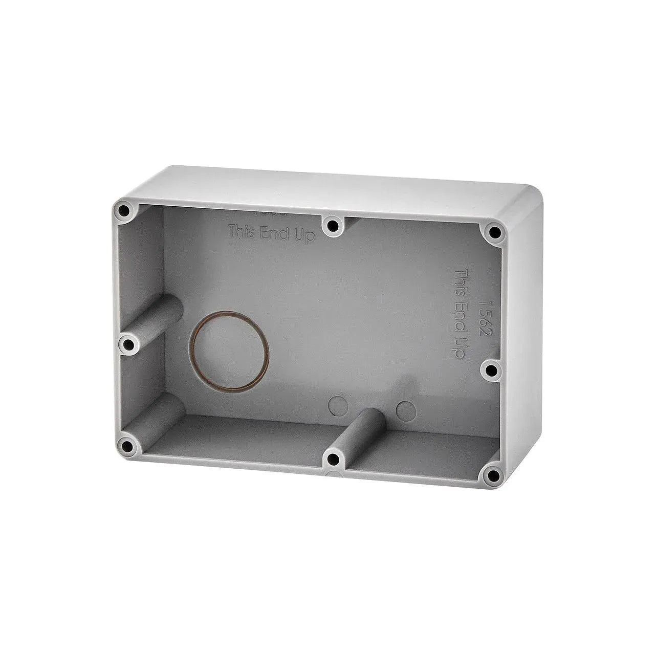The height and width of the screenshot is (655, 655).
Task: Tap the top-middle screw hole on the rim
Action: [x=333, y=225]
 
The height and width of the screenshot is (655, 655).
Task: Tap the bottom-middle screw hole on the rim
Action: [x=334, y=458]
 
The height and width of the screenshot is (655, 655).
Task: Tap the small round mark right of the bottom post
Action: [x=406, y=409]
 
